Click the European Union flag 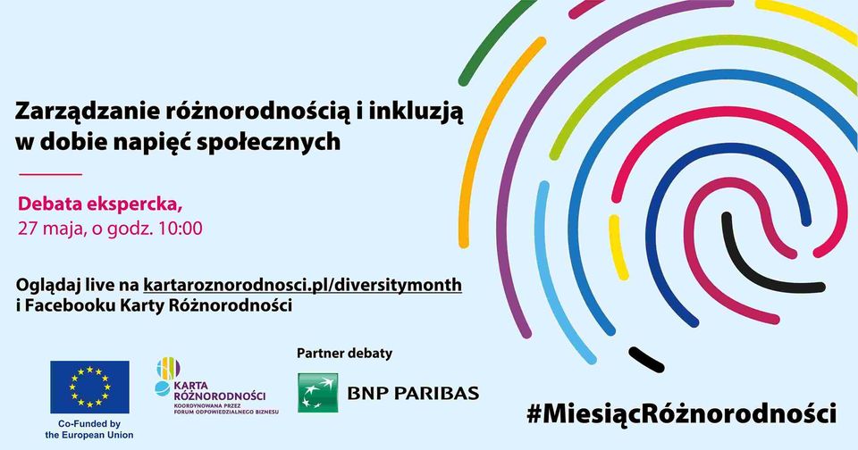pos(89,387)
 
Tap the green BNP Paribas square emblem pos(318,393)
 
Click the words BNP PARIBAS pos(413,393)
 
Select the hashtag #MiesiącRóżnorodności pos(681,412)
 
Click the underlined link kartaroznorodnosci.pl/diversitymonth pos(303,286)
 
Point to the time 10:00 pos(180,228)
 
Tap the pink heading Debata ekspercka pos(100,204)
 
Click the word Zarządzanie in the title pos(86,112)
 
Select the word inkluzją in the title pos(416,112)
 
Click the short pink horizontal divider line pos(50,174)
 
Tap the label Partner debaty pos(345,354)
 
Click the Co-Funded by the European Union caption pos(89,429)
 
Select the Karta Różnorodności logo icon pos(166,376)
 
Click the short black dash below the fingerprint pos(646,359)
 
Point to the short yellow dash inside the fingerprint pos(618,247)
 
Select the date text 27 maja pos(51,229)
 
